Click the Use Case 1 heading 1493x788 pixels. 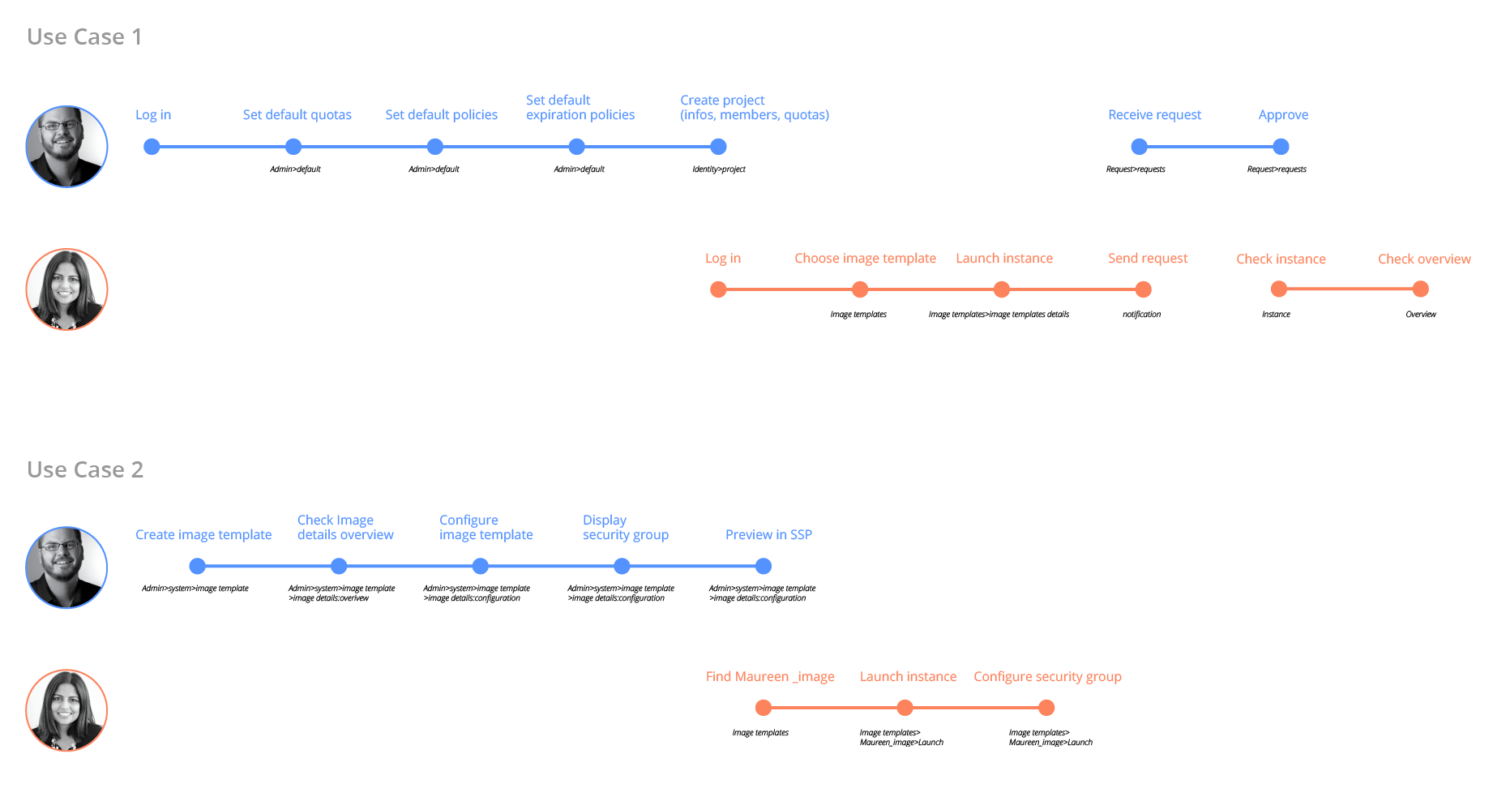click(x=84, y=37)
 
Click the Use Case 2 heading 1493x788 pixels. click(x=85, y=470)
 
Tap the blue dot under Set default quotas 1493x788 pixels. click(x=293, y=147)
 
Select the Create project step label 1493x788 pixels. click(x=755, y=107)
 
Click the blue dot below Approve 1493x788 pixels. click(x=1281, y=147)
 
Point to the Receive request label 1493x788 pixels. click(x=1154, y=115)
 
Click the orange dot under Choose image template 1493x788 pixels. click(x=860, y=289)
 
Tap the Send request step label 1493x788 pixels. click(x=1148, y=259)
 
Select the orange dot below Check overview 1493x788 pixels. click(x=1420, y=289)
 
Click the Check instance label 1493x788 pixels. click(x=1281, y=259)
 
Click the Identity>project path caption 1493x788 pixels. click(x=719, y=169)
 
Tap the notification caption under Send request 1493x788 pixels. click(x=1141, y=315)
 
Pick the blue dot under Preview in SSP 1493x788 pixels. click(x=763, y=566)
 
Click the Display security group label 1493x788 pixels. click(x=626, y=527)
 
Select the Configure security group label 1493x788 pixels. click(x=1047, y=677)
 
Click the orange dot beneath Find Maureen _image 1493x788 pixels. click(x=764, y=708)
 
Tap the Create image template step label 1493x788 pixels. click(x=203, y=535)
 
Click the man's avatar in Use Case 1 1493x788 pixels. click(x=66, y=147)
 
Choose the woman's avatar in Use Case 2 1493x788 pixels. click(x=66, y=710)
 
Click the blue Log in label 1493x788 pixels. click(x=153, y=115)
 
